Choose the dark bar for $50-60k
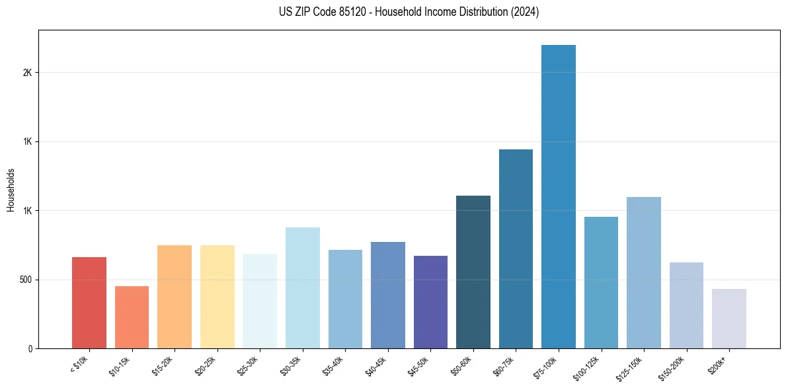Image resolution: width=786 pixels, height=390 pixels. (473, 272)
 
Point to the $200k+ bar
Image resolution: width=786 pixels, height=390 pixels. (729, 319)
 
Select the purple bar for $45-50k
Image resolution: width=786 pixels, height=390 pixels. (430, 302)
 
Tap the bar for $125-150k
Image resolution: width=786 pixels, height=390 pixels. (644, 272)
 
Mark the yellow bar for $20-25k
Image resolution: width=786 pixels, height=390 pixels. (217, 297)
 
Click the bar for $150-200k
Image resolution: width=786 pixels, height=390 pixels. (686, 305)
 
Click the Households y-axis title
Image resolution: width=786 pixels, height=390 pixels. (11, 190)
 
